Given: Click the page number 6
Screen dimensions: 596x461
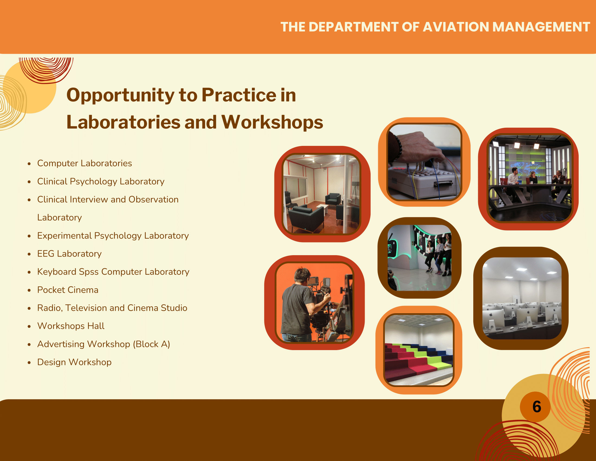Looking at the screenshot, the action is pyautogui.click(x=536, y=407).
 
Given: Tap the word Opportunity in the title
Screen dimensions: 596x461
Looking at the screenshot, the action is pyautogui.click(x=120, y=96).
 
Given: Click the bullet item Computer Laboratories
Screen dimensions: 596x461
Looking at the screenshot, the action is pyautogui.click(x=85, y=163).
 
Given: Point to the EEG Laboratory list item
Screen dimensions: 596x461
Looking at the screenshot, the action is pyautogui.click(x=69, y=254).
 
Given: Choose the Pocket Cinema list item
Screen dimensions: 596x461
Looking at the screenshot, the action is pyautogui.click(x=68, y=290).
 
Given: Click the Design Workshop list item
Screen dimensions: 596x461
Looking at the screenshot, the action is pyautogui.click(x=74, y=362).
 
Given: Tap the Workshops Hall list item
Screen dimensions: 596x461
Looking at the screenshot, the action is pyautogui.click(x=71, y=326).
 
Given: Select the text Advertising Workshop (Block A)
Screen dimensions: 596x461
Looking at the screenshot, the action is pyautogui.click(x=104, y=344).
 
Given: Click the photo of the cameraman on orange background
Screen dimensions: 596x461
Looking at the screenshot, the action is pyautogui.click(x=314, y=302).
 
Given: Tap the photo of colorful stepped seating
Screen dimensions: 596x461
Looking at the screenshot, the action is pyautogui.click(x=419, y=350).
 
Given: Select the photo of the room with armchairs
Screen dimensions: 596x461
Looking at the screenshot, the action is pyautogui.click(x=322, y=194).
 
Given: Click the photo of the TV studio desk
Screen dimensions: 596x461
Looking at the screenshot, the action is pyautogui.click(x=530, y=178).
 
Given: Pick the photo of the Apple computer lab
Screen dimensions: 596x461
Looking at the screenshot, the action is pyautogui.click(x=522, y=298).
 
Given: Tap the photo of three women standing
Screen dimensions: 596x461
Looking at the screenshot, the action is pyautogui.click(x=419, y=258).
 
